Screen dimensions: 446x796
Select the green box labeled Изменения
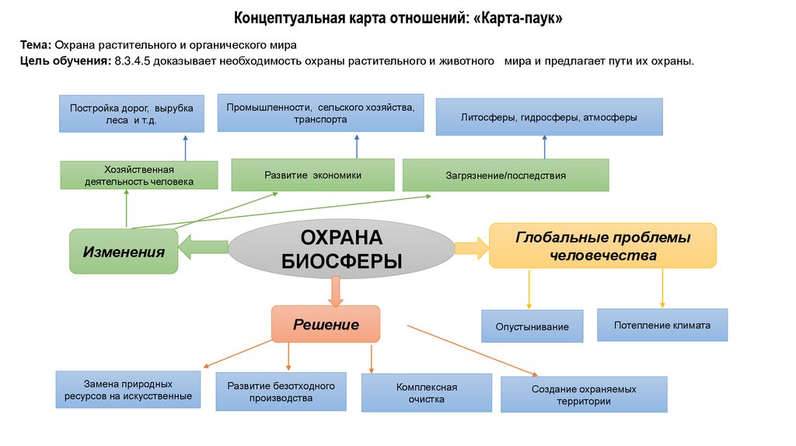(x=124, y=252)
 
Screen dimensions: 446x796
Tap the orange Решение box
(x=326, y=324)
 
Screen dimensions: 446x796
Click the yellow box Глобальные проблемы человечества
(x=602, y=246)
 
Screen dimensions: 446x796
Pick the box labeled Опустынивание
(x=532, y=326)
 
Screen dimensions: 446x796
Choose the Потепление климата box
(x=662, y=325)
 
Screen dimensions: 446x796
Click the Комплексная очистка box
(x=426, y=392)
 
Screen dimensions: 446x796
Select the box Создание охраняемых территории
(x=584, y=395)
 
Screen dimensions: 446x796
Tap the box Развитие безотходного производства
(x=281, y=392)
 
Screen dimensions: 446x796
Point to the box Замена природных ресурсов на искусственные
(x=124, y=390)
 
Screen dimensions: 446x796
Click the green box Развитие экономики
(x=312, y=175)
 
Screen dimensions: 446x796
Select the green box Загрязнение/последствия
(x=505, y=176)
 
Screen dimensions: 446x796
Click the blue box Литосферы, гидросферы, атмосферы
(x=549, y=117)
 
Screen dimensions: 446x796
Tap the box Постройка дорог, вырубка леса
(x=131, y=113)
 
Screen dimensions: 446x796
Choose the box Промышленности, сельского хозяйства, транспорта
(x=320, y=113)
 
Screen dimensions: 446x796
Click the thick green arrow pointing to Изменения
(x=201, y=249)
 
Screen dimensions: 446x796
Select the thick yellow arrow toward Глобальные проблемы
(x=471, y=248)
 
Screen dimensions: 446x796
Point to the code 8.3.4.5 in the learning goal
(x=132, y=61)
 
